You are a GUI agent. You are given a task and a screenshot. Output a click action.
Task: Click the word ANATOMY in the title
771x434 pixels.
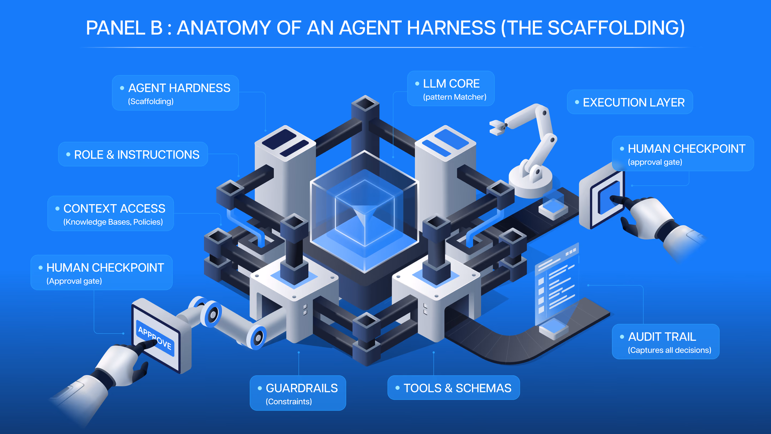(x=224, y=28)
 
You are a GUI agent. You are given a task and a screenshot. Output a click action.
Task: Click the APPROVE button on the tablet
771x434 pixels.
(x=155, y=338)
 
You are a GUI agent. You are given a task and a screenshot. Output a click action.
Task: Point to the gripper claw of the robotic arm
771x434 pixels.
(x=497, y=127)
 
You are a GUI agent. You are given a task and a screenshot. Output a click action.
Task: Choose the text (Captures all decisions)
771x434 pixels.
(x=670, y=350)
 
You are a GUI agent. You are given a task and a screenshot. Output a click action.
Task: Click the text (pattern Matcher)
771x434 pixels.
(x=455, y=97)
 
